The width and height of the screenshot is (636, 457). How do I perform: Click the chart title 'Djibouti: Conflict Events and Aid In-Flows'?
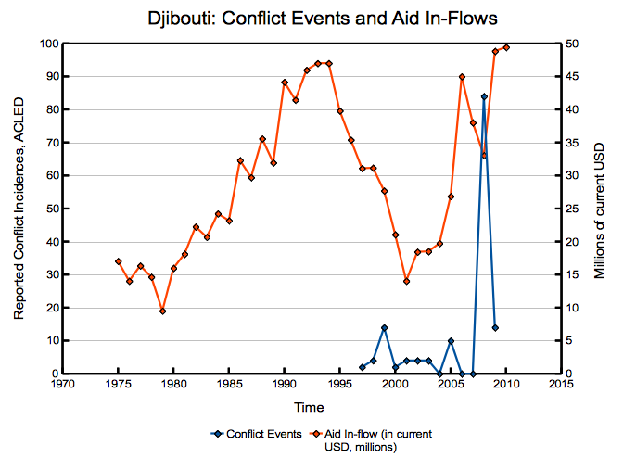click(312, 18)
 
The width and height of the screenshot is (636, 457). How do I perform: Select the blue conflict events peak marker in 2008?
click(484, 96)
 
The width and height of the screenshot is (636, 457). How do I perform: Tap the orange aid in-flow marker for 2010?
click(506, 47)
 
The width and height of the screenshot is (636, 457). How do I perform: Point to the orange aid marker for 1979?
click(162, 311)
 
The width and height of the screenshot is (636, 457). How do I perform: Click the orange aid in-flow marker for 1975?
click(118, 261)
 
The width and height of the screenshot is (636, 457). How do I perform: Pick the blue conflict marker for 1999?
click(384, 327)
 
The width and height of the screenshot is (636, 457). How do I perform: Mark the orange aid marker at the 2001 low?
click(406, 281)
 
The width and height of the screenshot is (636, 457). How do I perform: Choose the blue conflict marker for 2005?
click(451, 341)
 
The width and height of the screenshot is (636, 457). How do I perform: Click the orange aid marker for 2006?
click(462, 77)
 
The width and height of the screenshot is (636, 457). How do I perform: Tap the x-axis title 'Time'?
click(311, 408)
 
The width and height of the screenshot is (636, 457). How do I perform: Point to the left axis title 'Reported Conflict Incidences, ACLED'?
click(19, 209)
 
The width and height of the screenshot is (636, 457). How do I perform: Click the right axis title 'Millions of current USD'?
click(600, 209)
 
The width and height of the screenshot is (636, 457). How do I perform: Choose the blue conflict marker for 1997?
click(362, 367)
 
